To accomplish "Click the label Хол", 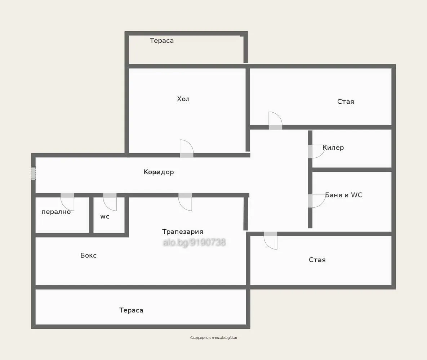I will point(183,99).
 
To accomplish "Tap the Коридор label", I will point(159,172).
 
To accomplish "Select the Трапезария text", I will point(182,232).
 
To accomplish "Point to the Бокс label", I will point(88,256).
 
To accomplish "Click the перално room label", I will point(56,212).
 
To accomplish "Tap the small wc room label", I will point(105,217).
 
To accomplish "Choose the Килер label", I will point(333,148).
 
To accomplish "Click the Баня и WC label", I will point(343,195).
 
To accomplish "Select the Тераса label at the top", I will point(161,41).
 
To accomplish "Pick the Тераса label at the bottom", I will point(131,310).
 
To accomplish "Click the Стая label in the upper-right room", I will point(346,102).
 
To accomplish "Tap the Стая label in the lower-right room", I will point(317,260).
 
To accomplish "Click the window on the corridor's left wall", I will point(33,173).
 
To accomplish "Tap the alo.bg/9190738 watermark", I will point(194,242).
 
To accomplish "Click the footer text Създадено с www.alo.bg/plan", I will point(213,338).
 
